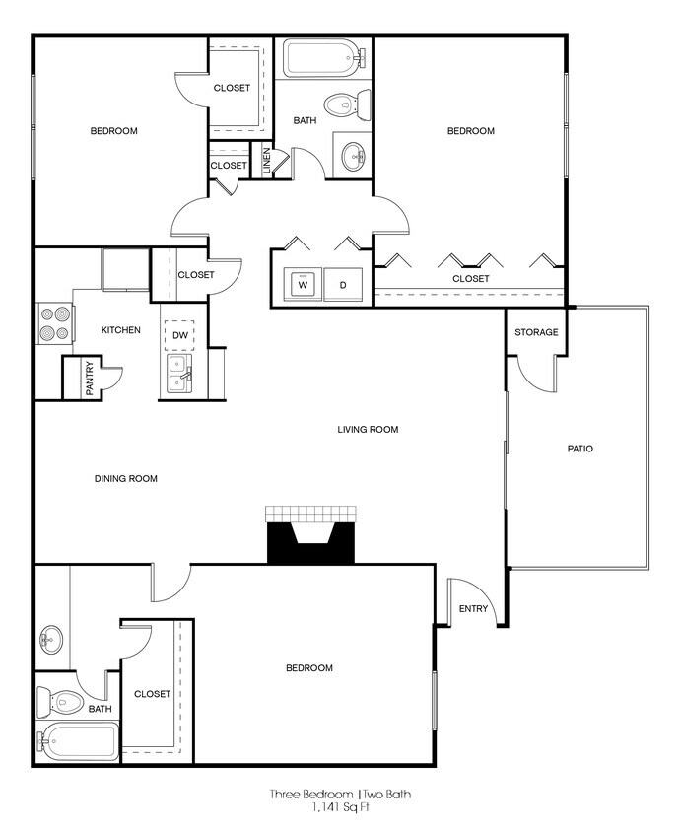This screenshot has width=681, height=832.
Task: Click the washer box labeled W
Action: click(x=303, y=285)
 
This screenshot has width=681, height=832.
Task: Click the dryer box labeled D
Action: click(x=343, y=285)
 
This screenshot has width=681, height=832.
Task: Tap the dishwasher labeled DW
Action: click(x=179, y=335)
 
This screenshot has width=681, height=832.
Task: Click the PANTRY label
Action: click(x=89, y=380)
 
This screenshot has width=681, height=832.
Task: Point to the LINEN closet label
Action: click(x=266, y=162)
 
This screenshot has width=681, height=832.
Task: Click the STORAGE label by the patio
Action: click(x=536, y=332)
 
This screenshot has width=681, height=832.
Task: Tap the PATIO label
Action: click(x=579, y=449)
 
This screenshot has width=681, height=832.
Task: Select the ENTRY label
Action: click(x=473, y=608)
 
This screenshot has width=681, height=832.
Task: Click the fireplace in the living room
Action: click(x=310, y=537)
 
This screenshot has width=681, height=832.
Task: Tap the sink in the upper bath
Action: click(x=353, y=155)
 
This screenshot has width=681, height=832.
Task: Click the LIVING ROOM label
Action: click(x=367, y=429)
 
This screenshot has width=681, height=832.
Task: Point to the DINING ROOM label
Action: click(x=126, y=478)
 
